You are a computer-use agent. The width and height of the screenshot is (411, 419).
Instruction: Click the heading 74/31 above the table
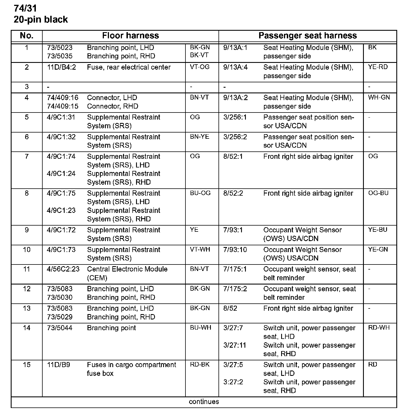coord(25,8)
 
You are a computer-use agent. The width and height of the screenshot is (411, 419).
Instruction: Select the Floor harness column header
coord(130,36)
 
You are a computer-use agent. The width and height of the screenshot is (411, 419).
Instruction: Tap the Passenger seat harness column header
coord(307,36)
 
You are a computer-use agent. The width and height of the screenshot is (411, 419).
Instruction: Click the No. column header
coord(27,36)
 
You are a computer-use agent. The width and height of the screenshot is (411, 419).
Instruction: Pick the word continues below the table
coord(204,402)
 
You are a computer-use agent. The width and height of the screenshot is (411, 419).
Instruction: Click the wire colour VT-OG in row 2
coord(200,67)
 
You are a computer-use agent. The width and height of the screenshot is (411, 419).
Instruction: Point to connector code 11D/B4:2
coord(61,67)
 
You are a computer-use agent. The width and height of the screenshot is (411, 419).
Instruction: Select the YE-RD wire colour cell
coord(378,67)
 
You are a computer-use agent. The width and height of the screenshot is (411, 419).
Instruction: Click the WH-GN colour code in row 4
coord(379,97)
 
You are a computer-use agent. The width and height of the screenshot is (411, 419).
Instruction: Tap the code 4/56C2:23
coord(63,269)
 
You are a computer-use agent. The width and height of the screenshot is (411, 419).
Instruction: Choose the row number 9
coord(27,230)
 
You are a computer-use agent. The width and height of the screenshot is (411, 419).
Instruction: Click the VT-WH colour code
coord(200,249)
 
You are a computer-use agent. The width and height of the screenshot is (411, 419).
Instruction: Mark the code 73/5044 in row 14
coord(60,328)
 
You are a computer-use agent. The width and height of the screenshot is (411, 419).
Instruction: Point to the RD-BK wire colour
coord(200,364)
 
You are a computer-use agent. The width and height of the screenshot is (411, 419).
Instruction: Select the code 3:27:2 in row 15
coord(233,382)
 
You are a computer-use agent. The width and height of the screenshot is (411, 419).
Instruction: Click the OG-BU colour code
coord(378,193)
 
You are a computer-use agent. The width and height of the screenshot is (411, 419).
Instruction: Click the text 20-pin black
coord(41,19)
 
